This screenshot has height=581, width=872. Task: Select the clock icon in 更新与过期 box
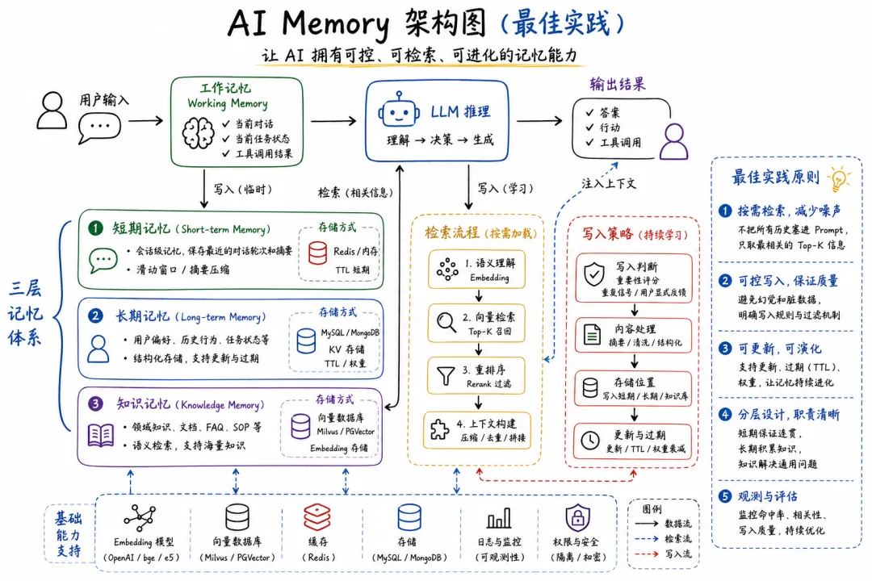pos(591,440)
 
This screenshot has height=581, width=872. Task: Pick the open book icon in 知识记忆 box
pos(101,436)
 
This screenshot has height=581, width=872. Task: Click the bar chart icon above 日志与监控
pos(498,517)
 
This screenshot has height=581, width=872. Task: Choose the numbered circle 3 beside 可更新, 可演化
pos(725,349)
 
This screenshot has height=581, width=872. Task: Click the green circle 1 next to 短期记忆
pos(96,228)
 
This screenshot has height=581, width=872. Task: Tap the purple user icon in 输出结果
pos(673,143)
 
